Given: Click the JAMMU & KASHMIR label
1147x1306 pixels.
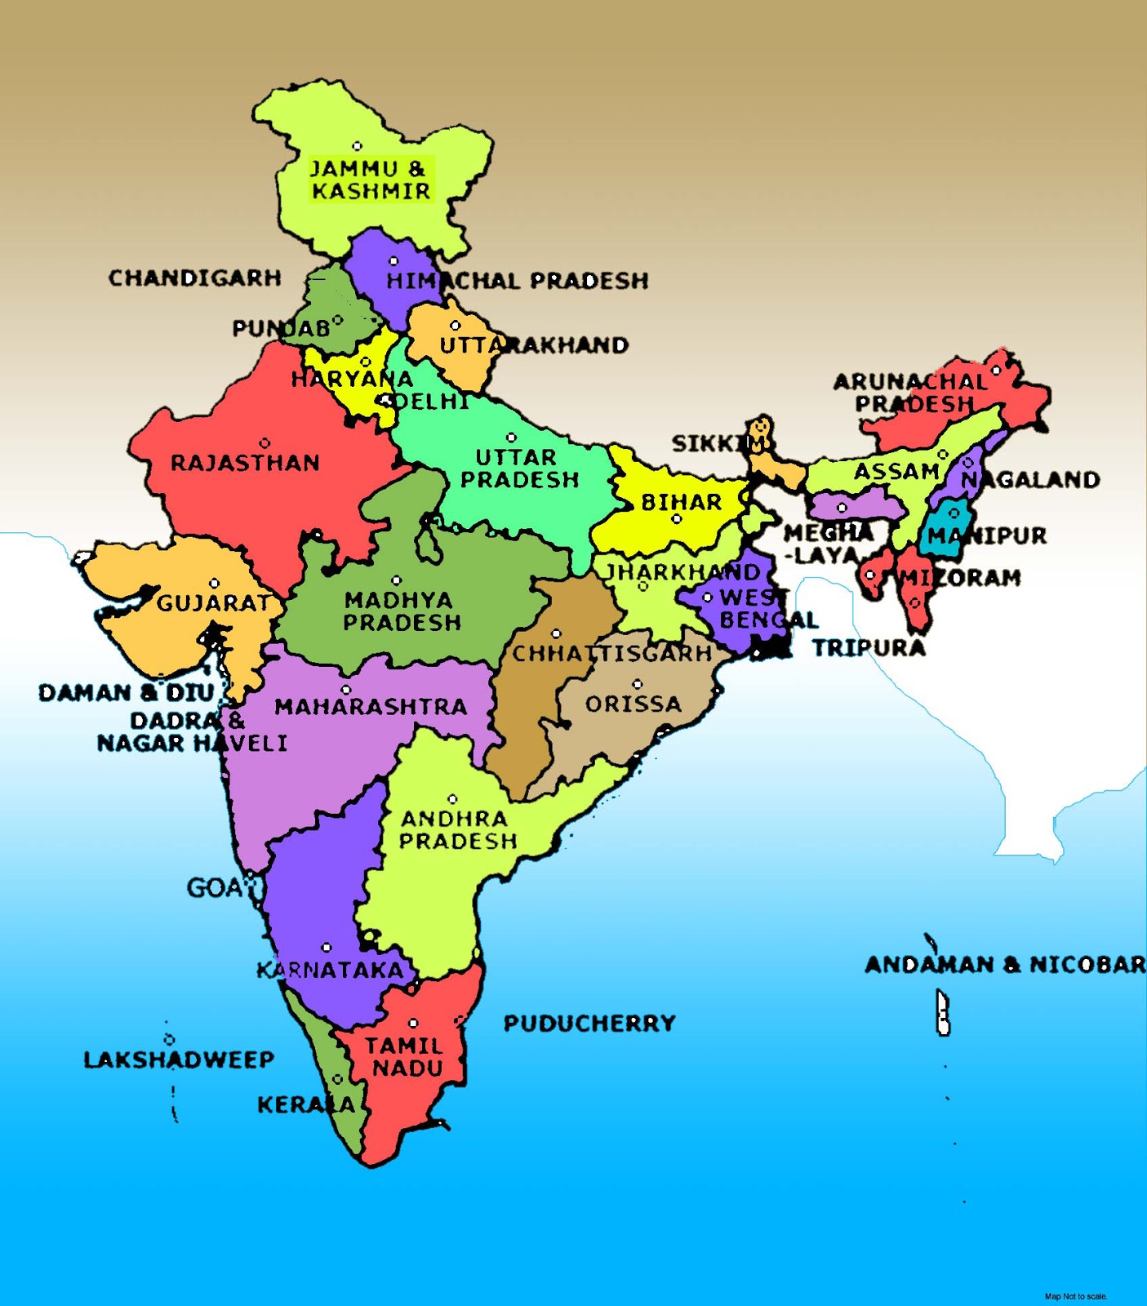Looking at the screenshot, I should click(370, 180).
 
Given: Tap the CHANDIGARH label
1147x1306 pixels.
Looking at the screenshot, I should click(194, 278).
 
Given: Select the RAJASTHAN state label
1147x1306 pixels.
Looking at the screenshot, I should click(245, 464).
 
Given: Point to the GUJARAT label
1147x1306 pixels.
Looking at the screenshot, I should click(213, 603).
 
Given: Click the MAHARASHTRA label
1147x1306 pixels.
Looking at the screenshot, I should click(370, 706).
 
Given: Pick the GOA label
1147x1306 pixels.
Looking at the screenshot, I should click(214, 887).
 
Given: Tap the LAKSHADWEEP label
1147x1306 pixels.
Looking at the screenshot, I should click(179, 1059).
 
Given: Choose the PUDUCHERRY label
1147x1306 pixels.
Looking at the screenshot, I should click(589, 1024).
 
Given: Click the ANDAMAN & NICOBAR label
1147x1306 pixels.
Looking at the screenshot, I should click(1005, 965).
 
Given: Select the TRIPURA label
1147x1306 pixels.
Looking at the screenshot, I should click(869, 648).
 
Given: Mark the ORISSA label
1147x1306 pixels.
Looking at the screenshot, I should click(633, 704).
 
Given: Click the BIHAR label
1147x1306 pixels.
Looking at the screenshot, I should click(682, 502).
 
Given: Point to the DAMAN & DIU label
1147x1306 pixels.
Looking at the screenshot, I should click(126, 693).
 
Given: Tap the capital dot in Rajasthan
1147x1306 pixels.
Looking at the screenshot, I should click(265, 443).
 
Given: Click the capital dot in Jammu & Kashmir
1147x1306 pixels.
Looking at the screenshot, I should click(357, 146).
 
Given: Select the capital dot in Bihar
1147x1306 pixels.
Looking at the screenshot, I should click(676, 519).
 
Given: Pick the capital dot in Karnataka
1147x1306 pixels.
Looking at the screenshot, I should click(327, 948).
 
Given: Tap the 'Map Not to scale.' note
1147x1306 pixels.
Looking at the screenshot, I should click(1076, 1296).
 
